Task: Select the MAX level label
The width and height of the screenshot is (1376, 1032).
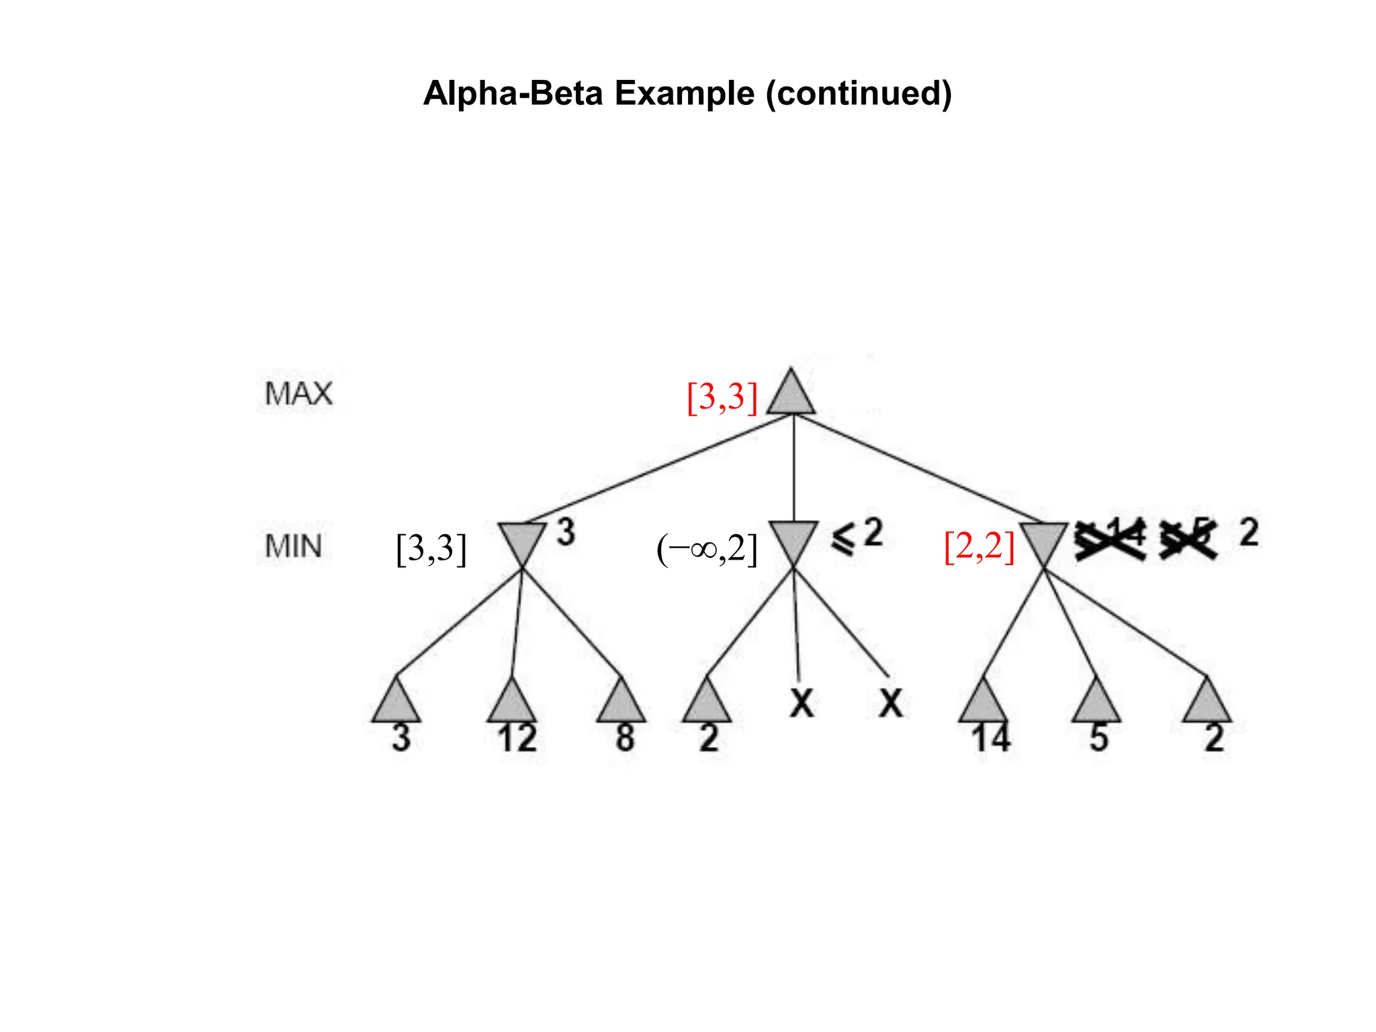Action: click(298, 394)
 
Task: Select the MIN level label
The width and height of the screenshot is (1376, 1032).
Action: click(293, 546)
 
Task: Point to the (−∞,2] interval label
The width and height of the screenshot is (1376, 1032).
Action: click(707, 549)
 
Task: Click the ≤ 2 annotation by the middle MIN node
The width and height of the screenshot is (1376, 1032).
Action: click(857, 536)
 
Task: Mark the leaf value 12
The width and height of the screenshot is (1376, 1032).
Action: click(517, 738)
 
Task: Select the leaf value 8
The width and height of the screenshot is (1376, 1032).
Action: click(625, 738)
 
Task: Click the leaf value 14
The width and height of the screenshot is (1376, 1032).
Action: click(990, 738)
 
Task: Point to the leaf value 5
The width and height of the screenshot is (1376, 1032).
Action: click(1099, 738)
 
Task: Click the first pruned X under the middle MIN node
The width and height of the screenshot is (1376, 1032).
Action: click(802, 703)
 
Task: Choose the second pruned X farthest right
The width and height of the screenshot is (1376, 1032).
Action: click(891, 703)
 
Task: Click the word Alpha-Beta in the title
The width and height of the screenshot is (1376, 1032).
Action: click(513, 93)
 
